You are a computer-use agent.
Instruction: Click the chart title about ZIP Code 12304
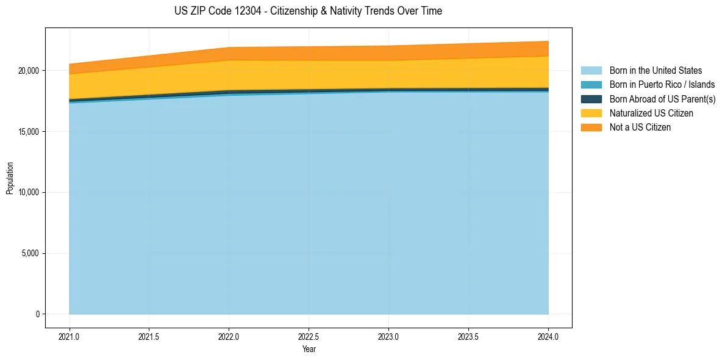[309, 11]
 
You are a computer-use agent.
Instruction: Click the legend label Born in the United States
[655, 71]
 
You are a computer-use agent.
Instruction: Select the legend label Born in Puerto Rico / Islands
[662, 85]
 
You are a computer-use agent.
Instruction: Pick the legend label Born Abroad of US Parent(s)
[662, 99]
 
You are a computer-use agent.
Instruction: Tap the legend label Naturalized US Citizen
[651, 113]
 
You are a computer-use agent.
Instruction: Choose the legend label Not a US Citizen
[640, 127]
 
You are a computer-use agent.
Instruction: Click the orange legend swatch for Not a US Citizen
[591, 127]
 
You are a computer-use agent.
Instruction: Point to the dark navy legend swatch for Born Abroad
[591, 99]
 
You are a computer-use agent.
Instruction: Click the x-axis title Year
[309, 350]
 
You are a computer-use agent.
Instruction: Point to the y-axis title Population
[10, 178]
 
